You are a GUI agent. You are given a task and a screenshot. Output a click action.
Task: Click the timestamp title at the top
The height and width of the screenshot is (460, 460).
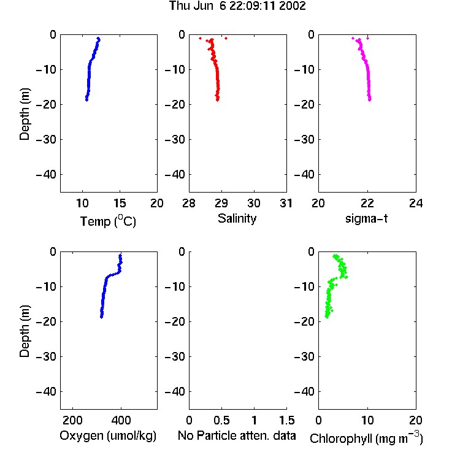(x=237, y=6)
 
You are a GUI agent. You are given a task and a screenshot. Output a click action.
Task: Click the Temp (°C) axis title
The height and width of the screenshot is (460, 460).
(x=108, y=221)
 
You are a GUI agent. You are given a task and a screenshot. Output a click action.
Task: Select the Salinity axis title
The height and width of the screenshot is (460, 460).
(x=237, y=218)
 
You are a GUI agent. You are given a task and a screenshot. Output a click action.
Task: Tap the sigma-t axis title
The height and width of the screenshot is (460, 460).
(x=366, y=218)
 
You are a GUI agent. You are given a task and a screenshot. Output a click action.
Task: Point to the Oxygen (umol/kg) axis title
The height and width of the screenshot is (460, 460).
(x=108, y=435)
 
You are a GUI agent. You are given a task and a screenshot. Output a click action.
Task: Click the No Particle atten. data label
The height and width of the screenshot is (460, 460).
(x=237, y=435)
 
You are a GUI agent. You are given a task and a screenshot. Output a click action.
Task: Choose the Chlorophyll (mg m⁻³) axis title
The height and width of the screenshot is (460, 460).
(x=366, y=438)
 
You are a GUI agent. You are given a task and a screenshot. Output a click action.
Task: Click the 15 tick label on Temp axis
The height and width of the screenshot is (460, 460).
(x=120, y=203)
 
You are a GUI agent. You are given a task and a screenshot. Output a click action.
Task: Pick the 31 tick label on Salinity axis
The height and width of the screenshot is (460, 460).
(x=286, y=203)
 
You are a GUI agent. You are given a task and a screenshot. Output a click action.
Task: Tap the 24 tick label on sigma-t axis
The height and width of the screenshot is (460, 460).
(x=416, y=203)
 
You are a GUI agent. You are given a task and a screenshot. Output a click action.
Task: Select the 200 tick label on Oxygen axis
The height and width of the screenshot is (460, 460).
(x=72, y=420)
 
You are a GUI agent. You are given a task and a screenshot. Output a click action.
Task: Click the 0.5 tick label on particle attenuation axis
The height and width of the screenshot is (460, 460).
(x=221, y=420)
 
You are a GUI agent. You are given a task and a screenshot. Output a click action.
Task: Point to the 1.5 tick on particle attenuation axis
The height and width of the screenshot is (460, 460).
(x=286, y=420)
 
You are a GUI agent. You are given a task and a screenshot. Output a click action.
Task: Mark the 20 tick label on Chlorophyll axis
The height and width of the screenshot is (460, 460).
(x=416, y=420)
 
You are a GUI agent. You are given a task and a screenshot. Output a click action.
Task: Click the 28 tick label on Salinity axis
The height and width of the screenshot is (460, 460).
(x=189, y=203)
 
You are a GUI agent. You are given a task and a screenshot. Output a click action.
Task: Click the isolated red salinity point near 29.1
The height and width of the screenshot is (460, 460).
(x=226, y=38)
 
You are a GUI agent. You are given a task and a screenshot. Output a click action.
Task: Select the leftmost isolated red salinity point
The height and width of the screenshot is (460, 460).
(x=200, y=38)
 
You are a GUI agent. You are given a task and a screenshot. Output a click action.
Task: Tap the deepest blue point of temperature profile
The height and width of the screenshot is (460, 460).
(x=87, y=100)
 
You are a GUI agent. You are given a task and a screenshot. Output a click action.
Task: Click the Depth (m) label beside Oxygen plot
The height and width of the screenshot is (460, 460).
(x=25, y=331)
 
